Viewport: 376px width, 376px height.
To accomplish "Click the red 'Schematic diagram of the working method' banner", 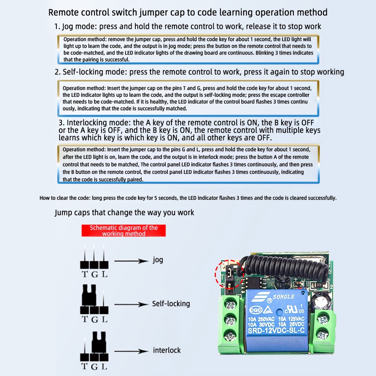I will pos(124,230).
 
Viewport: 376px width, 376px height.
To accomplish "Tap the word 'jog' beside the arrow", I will pos(158,260).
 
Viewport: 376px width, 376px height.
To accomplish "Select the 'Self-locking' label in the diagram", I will pos(171,303).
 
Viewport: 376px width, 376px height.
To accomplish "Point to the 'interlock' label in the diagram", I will pos(167,350).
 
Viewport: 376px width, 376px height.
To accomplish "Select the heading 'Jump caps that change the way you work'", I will pos(124,212).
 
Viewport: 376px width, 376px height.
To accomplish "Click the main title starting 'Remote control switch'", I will pos(188,12).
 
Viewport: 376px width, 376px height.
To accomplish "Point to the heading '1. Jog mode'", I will pos(188,27).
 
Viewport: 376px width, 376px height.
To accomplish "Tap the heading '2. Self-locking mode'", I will pos(199,72).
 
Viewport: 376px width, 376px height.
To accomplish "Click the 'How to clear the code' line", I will pos(188,198).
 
